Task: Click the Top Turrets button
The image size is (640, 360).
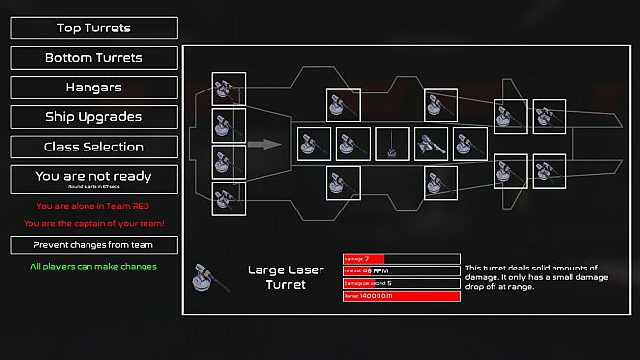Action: pyautogui.click(x=94, y=28)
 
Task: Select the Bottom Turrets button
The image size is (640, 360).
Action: pyautogui.click(x=94, y=58)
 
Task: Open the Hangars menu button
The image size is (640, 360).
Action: pyautogui.click(x=94, y=88)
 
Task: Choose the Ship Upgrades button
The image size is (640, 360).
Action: pyautogui.click(x=94, y=117)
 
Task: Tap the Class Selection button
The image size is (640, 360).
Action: pyautogui.click(x=94, y=147)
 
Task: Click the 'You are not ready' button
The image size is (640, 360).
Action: pyautogui.click(x=94, y=179)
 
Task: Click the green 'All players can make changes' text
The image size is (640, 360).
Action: pyautogui.click(x=93, y=266)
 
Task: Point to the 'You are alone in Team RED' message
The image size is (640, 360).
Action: pyautogui.click(x=93, y=206)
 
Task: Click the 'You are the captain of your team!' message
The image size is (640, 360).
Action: pyautogui.click(x=93, y=223)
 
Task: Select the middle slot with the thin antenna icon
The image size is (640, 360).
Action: pyautogui.click(x=392, y=144)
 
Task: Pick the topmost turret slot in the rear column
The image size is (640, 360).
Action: pyautogui.click(x=229, y=90)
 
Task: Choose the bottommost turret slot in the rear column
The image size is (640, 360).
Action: pyautogui.click(x=229, y=197)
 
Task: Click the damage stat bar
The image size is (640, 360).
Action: pyautogui.click(x=401, y=259)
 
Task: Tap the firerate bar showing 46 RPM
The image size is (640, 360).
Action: pyautogui.click(x=401, y=270)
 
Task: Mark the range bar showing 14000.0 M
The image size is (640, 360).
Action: pyautogui.click(x=401, y=295)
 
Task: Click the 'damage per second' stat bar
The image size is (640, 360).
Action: pyautogui.click(x=401, y=283)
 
